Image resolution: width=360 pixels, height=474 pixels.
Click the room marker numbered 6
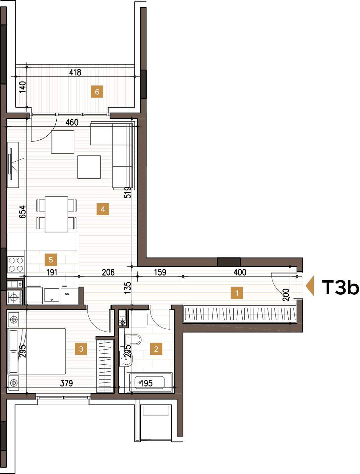[x=97, y=92]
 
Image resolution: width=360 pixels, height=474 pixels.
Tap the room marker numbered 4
[x=103, y=209]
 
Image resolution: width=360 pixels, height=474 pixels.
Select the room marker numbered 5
[x=51, y=259]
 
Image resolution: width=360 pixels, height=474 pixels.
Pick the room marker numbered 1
[x=237, y=293]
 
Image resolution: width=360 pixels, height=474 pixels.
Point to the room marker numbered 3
[x=81, y=349]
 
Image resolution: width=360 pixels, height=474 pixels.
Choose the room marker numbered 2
[x=156, y=349]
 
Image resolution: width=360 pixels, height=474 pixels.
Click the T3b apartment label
[x=340, y=287]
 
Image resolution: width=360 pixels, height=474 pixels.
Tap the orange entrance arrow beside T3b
[x=310, y=286]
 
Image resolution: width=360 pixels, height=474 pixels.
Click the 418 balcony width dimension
[x=75, y=72]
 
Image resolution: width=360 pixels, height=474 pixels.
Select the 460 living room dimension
[x=72, y=122]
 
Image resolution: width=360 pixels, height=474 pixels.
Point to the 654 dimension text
[x=22, y=212]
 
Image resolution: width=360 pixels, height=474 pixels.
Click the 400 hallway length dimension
[x=240, y=272]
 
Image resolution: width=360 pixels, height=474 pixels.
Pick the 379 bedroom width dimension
[x=66, y=383]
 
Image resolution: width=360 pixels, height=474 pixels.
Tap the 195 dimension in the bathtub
[x=146, y=383]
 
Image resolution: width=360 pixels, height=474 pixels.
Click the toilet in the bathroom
[x=133, y=340]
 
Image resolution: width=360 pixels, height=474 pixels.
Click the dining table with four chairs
[x=56, y=214]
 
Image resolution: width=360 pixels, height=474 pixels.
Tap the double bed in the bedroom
[x=37, y=351]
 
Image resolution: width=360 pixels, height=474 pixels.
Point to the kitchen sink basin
[x=52, y=295]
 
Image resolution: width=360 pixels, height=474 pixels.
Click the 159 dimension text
[x=160, y=272]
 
